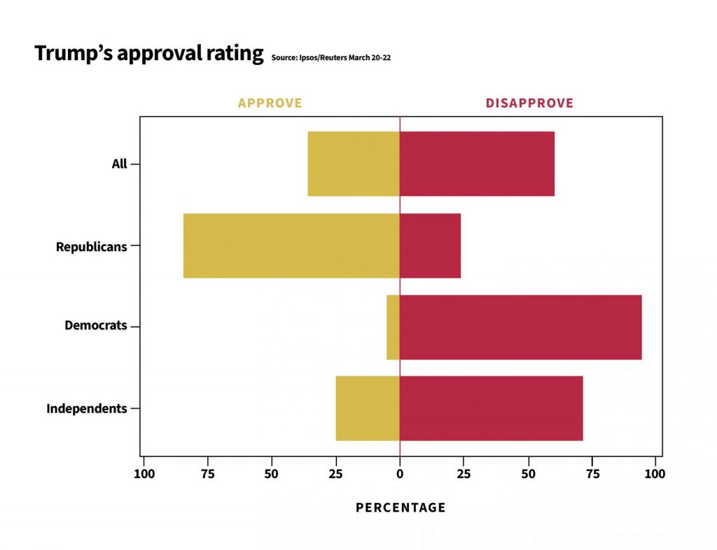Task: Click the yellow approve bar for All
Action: [354, 164]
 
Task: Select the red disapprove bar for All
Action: [477, 164]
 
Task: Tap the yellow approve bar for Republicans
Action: [291, 246]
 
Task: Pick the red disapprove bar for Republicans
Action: [430, 246]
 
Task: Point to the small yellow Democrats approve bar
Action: [393, 327]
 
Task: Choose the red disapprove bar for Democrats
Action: [520, 327]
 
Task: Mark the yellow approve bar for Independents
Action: [368, 408]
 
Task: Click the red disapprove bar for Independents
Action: [491, 408]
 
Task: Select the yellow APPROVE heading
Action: [270, 103]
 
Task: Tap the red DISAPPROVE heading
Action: [529, 103]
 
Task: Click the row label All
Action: [119, 164]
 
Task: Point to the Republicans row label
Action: [92, 246]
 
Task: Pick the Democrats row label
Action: [96, 325]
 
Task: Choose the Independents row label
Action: [87, 408]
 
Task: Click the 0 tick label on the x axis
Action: [400, 473]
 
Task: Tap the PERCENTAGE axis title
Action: [401, 507]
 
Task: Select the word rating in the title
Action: [235, 53]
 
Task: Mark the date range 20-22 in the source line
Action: [381, 58]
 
